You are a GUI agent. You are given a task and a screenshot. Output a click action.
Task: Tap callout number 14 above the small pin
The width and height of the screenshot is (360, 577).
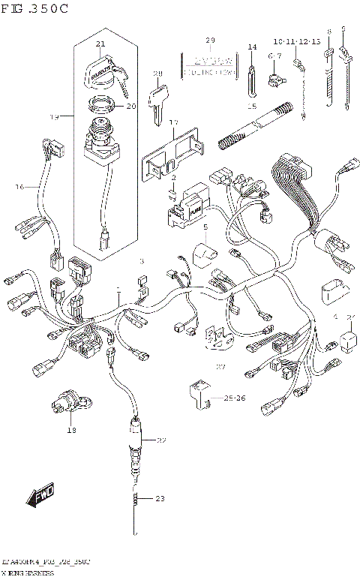(x=253, y=47)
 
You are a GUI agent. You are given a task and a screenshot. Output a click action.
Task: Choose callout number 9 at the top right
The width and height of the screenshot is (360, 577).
(x=343, y=29)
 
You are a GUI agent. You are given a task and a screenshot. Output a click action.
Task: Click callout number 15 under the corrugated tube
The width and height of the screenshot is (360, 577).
(x=252, y=106)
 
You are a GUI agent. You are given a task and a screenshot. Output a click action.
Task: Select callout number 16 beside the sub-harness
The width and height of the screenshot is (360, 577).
(x=20, y=185)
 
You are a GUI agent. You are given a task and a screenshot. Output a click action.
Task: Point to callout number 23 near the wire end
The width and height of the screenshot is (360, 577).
(x=159, y=498)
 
